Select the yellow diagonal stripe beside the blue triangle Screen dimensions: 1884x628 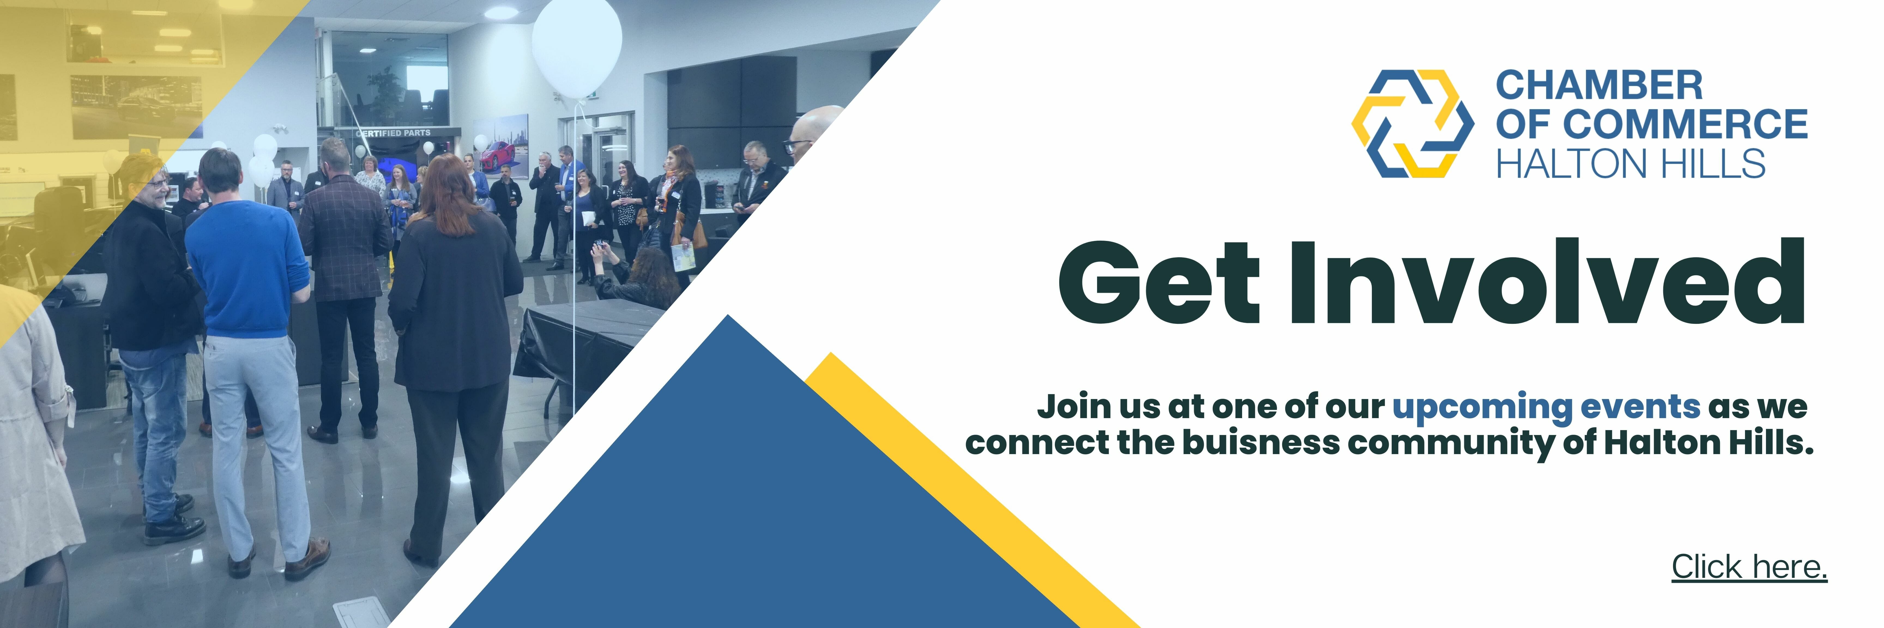click(x=973, y=490)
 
